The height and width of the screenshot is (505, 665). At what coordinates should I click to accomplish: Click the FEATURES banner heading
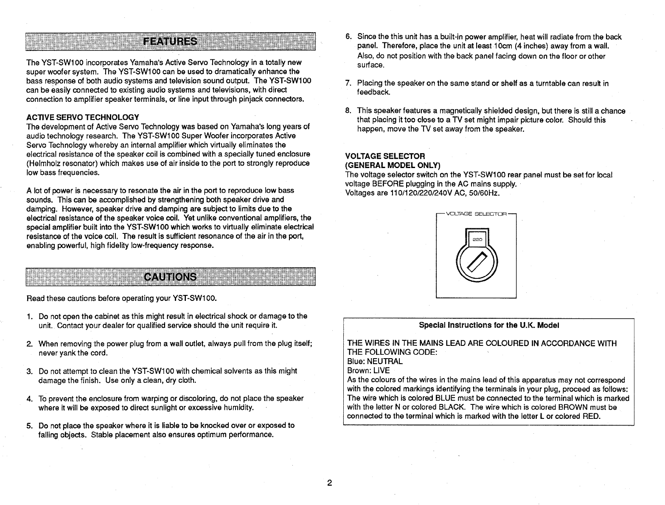coord(170,41)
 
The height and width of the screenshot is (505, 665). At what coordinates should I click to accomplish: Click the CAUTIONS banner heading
coord(170,277)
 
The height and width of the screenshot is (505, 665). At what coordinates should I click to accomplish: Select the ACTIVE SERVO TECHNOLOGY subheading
coord(82,117)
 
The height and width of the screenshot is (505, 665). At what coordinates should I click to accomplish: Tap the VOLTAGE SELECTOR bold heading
coord(385,156)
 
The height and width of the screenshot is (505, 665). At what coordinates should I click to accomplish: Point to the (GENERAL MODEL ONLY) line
coord(393,165)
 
